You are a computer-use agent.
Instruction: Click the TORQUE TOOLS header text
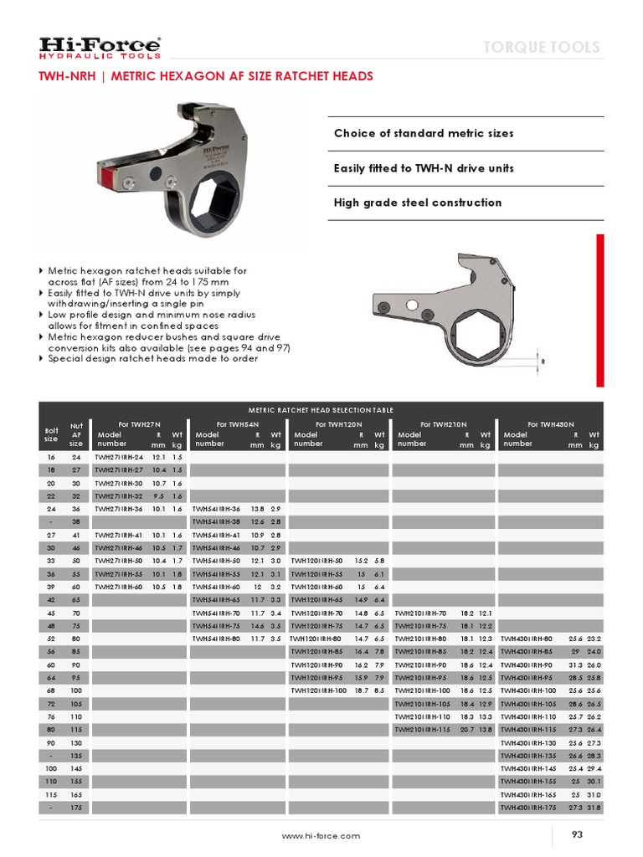tap(542, 47)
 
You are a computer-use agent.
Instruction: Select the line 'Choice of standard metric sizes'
tap(424, 133)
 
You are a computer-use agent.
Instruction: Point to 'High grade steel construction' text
tap(418, 203)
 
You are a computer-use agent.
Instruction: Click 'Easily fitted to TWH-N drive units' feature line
tap(424, 168)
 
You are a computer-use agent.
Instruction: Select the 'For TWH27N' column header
tap(140, 424)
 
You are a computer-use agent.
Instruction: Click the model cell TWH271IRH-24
tap(119, 458)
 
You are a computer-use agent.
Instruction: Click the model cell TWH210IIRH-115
tap(424, 729)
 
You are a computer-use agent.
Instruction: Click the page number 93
tap(577, 834)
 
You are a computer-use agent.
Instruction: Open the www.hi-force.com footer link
tap(321, 835)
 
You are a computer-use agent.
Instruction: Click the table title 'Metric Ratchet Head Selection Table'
tap(321, 409)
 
